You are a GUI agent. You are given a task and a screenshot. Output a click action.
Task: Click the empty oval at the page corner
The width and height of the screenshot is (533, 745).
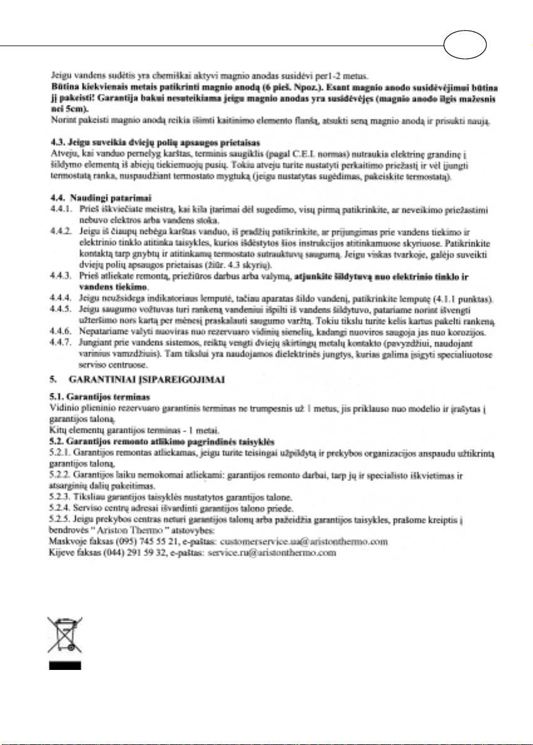(465, 46)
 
